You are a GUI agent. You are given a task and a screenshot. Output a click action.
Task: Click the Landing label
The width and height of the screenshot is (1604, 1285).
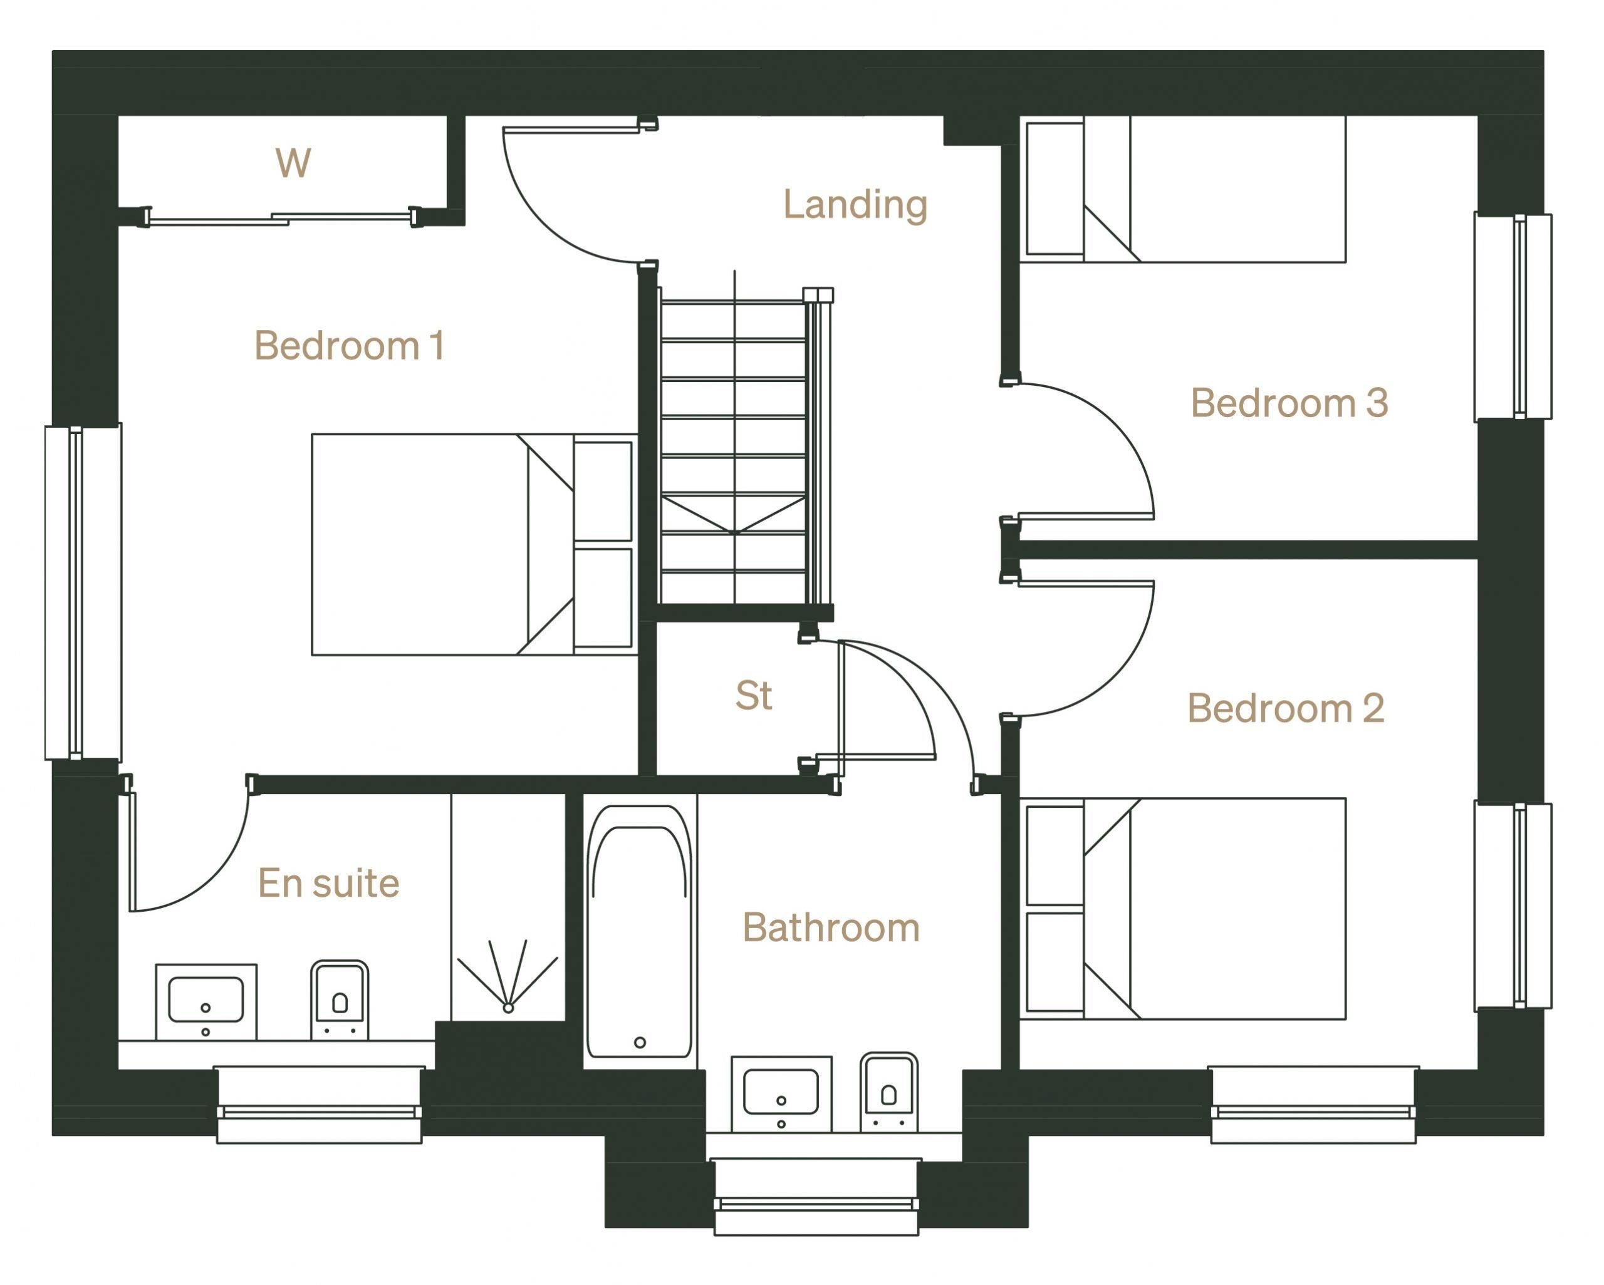(855, 205)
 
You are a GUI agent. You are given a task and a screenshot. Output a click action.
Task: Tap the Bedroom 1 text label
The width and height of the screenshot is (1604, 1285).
(350, 346)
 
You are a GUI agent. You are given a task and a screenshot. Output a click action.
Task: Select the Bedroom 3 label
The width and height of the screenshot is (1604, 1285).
(1289, 403)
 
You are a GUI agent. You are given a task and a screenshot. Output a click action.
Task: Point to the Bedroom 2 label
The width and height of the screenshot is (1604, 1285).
(1286, 708)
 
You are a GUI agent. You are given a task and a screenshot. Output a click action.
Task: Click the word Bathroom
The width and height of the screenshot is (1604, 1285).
(831, 928)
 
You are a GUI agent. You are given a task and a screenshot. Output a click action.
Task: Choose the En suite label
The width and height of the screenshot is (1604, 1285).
(328, 884)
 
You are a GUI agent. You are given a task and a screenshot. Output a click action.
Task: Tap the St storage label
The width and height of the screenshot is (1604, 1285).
(754, 695)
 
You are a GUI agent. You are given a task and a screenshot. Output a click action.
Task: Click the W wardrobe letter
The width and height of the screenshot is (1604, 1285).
(293, 163)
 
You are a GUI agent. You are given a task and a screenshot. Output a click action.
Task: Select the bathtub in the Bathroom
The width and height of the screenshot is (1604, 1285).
(639, 932)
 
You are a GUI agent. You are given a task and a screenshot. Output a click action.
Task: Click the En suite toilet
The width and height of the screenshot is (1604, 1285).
(339, 1000)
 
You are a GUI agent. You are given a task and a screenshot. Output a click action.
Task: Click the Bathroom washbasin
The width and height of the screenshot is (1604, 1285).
(781, 1094)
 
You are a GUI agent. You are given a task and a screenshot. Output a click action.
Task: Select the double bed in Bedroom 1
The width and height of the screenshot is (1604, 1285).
(473, 544)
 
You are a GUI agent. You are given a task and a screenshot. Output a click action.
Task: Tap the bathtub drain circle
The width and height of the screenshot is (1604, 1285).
(640, 1043)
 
